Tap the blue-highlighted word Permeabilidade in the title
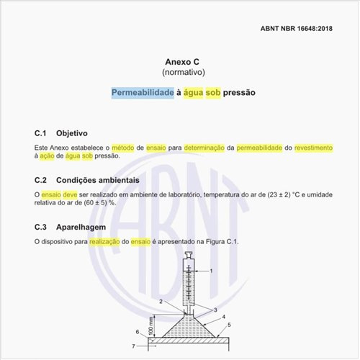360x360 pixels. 143,93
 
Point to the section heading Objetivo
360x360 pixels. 71,133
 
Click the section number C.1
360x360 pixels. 40,133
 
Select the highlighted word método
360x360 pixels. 127,147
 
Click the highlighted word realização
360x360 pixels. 105,241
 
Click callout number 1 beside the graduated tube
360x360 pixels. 211,271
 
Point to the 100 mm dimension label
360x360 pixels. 150,326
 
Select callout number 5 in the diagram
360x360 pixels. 229,325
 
